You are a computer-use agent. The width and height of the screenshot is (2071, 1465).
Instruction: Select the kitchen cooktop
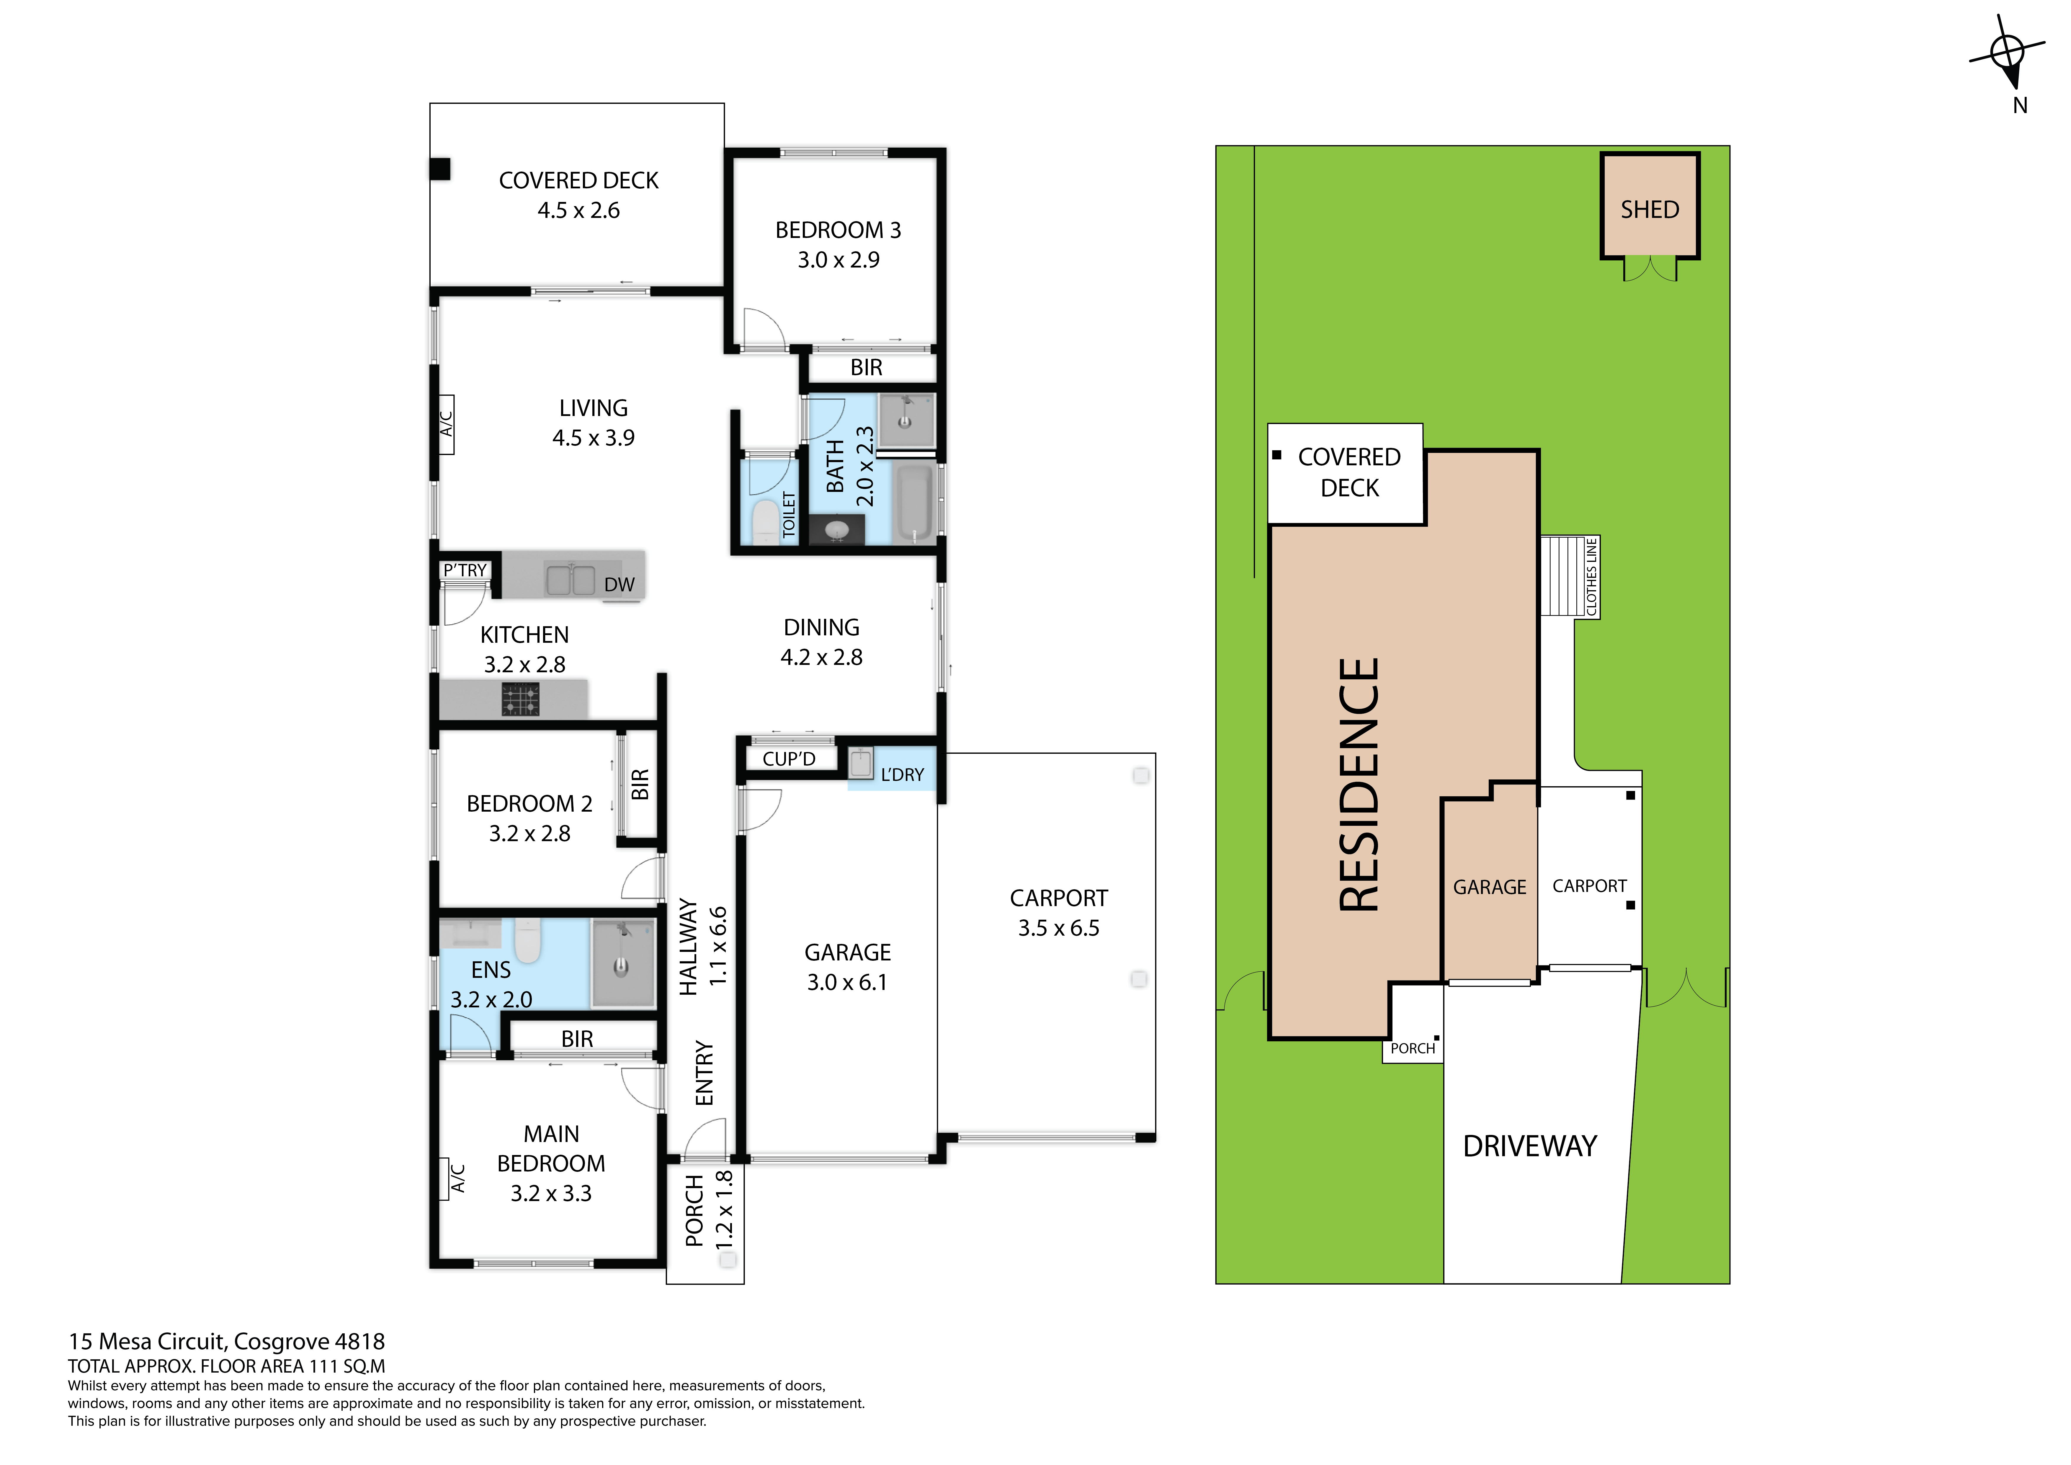(520, 699)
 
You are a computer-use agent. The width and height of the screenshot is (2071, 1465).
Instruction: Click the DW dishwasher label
(620, 585)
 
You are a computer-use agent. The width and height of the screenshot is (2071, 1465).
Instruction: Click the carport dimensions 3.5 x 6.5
(1059, 928)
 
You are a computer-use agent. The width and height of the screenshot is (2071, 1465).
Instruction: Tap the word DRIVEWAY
(1530, 1146)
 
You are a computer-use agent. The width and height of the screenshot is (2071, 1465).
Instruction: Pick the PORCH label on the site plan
(1413, 1048)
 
